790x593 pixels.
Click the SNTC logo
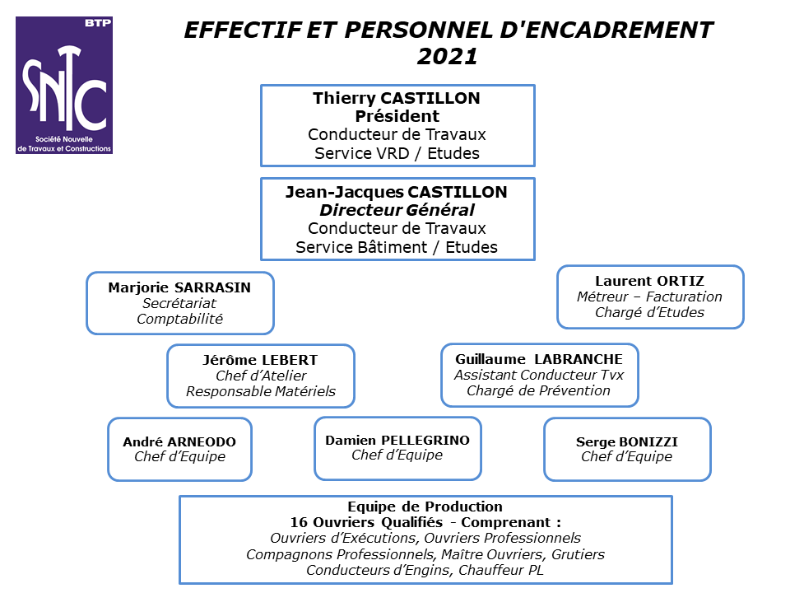[x=64, y=85]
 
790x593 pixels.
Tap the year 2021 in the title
[x=448, y=56]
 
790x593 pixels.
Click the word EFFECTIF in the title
[x=244, y=30]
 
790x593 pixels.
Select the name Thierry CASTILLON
[x=397, y=98]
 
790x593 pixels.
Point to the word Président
[x=397, y=116]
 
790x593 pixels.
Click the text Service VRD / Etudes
[x=397, y=153]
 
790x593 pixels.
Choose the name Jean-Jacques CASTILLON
[x=397, y=192]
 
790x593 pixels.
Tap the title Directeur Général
[x=397, y=210]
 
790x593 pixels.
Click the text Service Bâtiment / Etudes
[x=397, y=247]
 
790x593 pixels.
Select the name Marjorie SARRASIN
[x=179, y=287]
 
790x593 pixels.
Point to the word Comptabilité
[x=180, y=319]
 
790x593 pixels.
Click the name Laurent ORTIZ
[x=650, y=281]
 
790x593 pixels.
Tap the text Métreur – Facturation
[x=650, y=296]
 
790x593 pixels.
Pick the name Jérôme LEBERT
[x=261, y=360]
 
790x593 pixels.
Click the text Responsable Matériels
[x=261, y=391]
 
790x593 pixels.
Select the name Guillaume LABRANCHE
[x=539, y=359]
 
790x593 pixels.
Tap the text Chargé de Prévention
[x=538, y=390]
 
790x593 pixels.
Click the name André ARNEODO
[x=179, y=441]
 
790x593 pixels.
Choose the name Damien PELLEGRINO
[x=397, y=440]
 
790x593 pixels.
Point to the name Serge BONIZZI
[x=627, y=441]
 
